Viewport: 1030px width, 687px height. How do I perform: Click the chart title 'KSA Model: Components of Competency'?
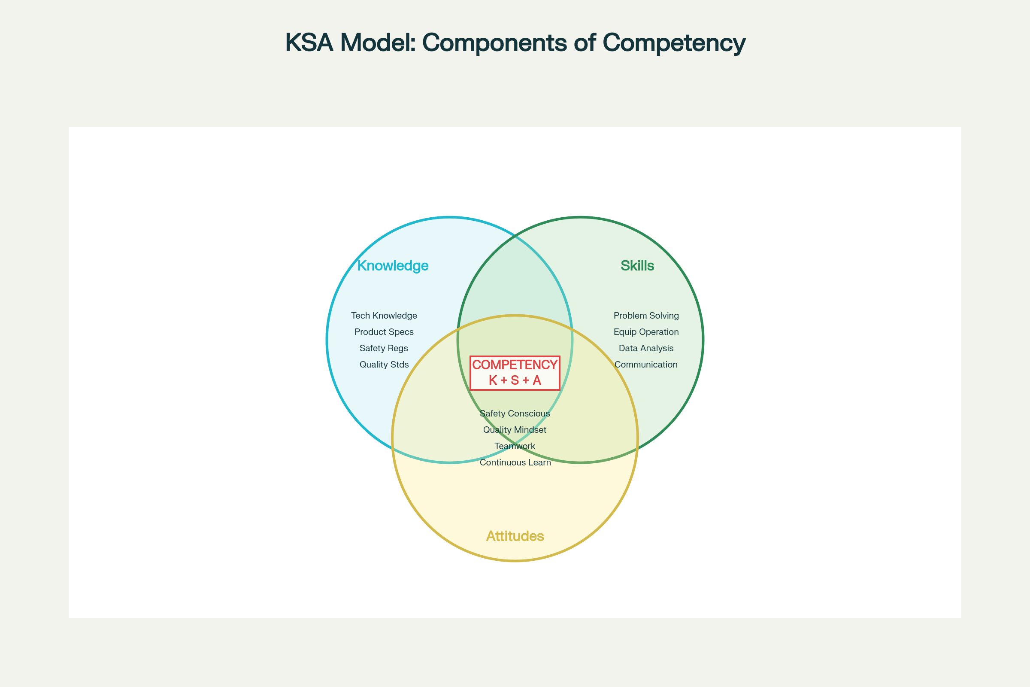(515, 43)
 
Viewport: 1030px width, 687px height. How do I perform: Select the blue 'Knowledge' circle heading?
(393, 265)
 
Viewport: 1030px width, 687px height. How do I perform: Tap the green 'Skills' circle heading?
(637, 265)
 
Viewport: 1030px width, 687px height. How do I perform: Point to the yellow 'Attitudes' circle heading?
(515, 536)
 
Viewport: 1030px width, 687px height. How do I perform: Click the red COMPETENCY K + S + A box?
(515, 373)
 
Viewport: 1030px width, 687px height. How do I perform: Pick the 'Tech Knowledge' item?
(384, 316)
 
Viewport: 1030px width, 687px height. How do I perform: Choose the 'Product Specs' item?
(384, 331)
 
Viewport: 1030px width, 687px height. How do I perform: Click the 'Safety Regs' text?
(384, 348)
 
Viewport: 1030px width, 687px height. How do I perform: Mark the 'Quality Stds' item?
(384, 365)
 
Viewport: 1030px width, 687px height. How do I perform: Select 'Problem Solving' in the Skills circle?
(646, 316)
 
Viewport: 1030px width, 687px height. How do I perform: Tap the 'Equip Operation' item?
(646, 331)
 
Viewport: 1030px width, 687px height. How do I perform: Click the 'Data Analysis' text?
(646, 348)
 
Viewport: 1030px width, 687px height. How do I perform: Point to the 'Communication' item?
(646, 365)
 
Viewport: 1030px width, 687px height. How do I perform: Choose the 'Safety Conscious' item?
(515, 413)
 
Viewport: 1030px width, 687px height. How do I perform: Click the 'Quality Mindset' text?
(515, 430)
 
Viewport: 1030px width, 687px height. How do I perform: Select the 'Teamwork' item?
(515, 446)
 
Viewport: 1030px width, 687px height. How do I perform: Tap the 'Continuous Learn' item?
(515, 463)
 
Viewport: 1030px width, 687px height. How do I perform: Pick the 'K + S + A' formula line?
(515, 380)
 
